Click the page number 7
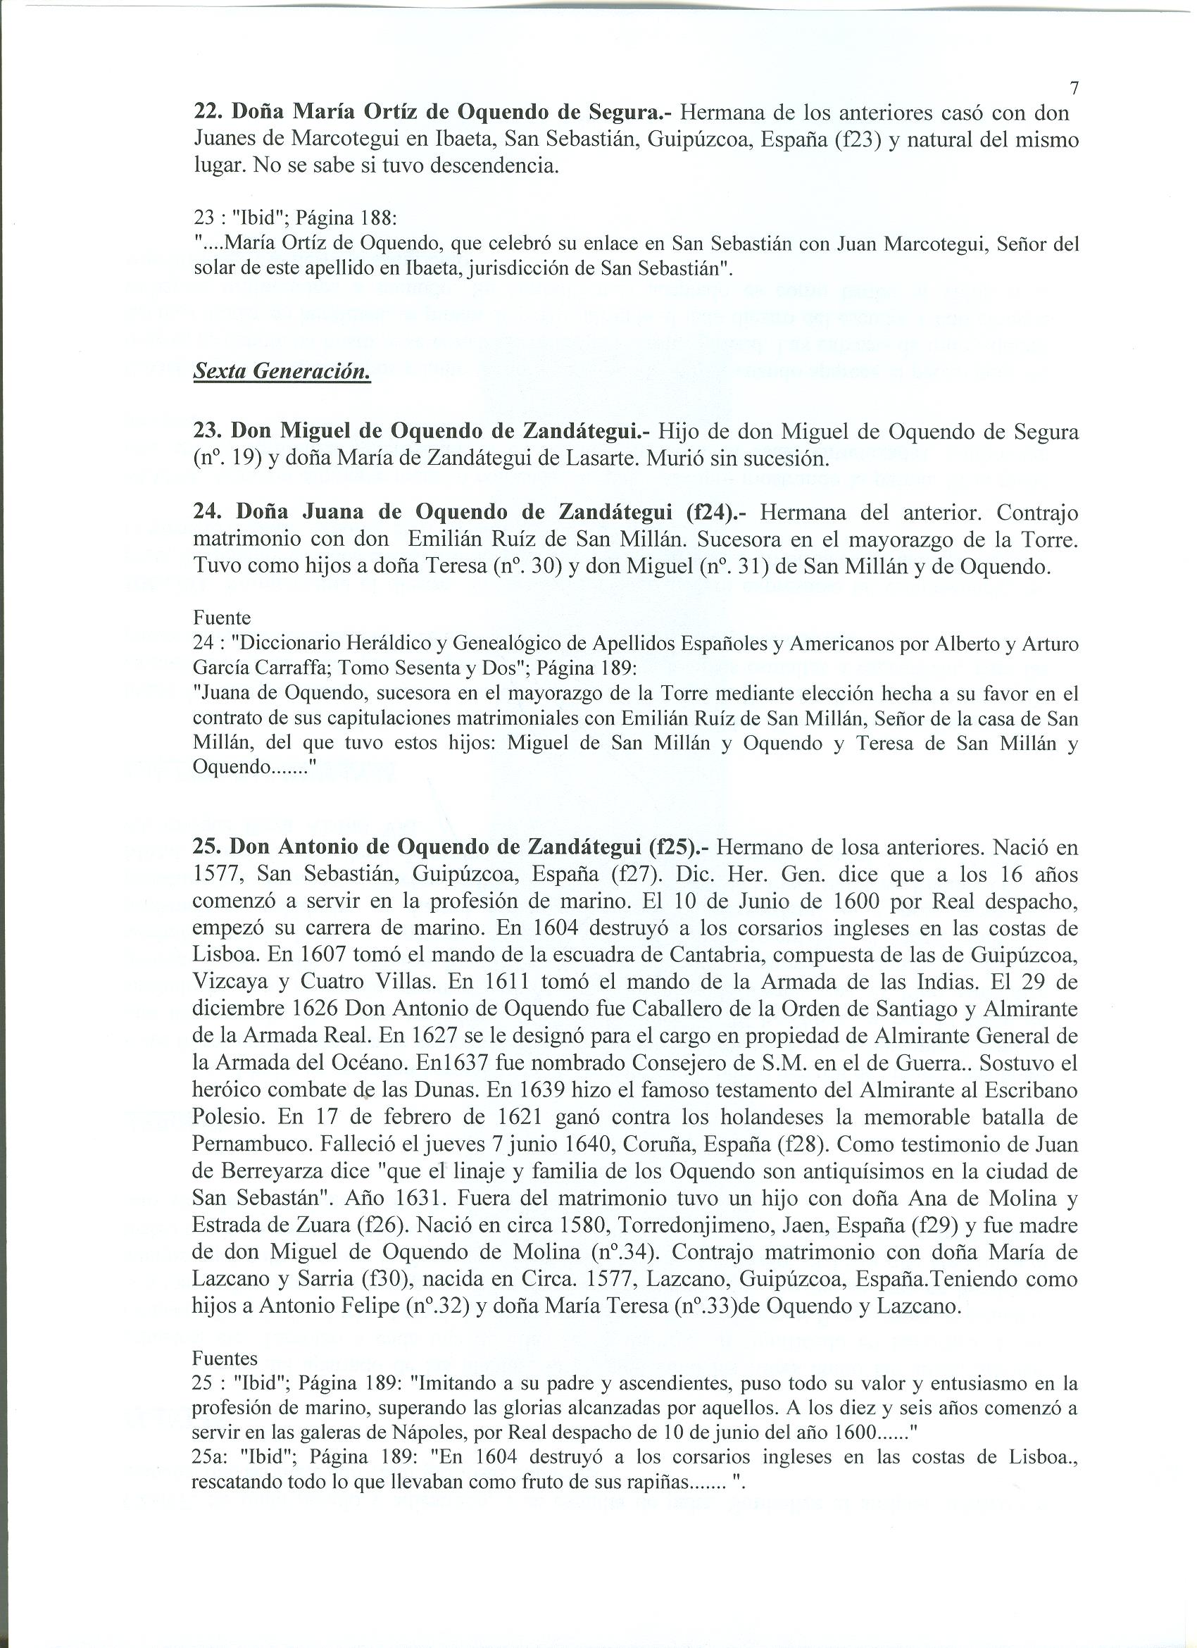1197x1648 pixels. (1074, 89)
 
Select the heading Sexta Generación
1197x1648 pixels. (282, 372)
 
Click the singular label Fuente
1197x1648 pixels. (222, 618)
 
